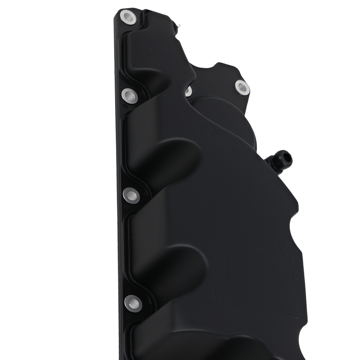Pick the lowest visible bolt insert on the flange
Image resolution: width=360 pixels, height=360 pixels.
[132, 303]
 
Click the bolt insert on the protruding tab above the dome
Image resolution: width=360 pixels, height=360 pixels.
[241, 87]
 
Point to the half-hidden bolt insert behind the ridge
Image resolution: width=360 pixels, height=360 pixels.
[188, 91]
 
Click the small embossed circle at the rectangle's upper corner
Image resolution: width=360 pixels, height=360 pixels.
[283, 245]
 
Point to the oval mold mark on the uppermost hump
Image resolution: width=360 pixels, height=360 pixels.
[157, 51]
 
